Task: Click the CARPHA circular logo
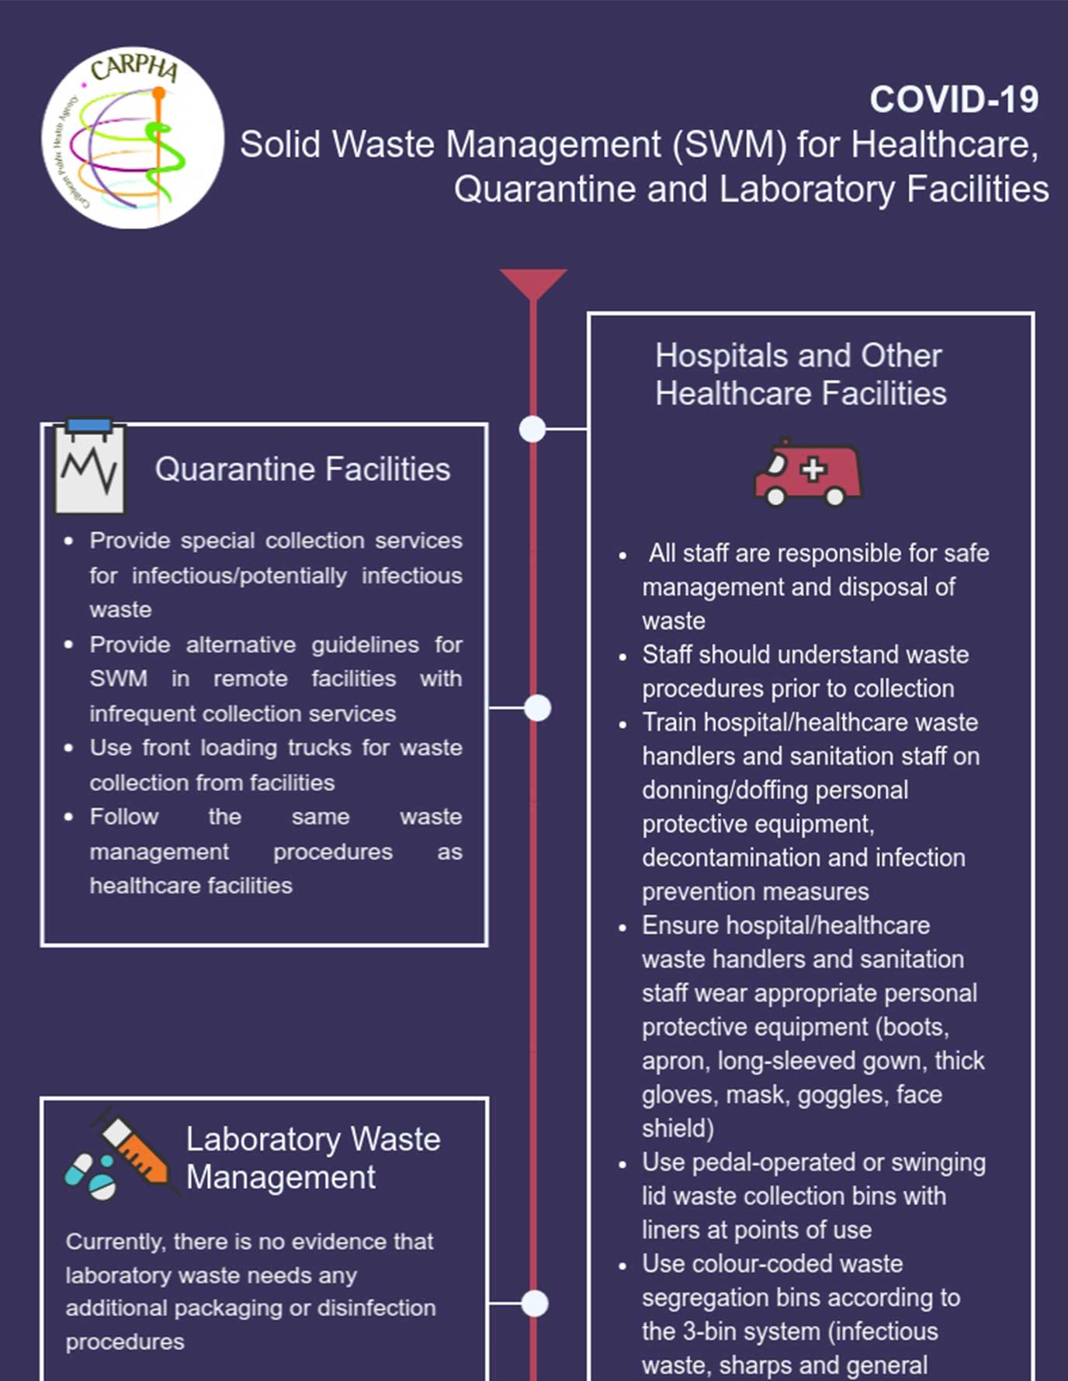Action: [133, 138]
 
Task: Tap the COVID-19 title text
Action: [953, 100]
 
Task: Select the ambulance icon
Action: [808, 472]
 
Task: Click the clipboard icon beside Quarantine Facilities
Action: [89, 467]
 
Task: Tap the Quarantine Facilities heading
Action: [303, 469]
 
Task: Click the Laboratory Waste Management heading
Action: [313, 1158]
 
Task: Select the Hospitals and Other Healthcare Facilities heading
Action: [800, 375]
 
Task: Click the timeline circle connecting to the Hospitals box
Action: [532, 428]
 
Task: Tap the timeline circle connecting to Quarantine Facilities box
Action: [537, 708]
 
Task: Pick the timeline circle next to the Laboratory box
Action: [535, 1303]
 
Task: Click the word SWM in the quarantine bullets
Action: [118, 679]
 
